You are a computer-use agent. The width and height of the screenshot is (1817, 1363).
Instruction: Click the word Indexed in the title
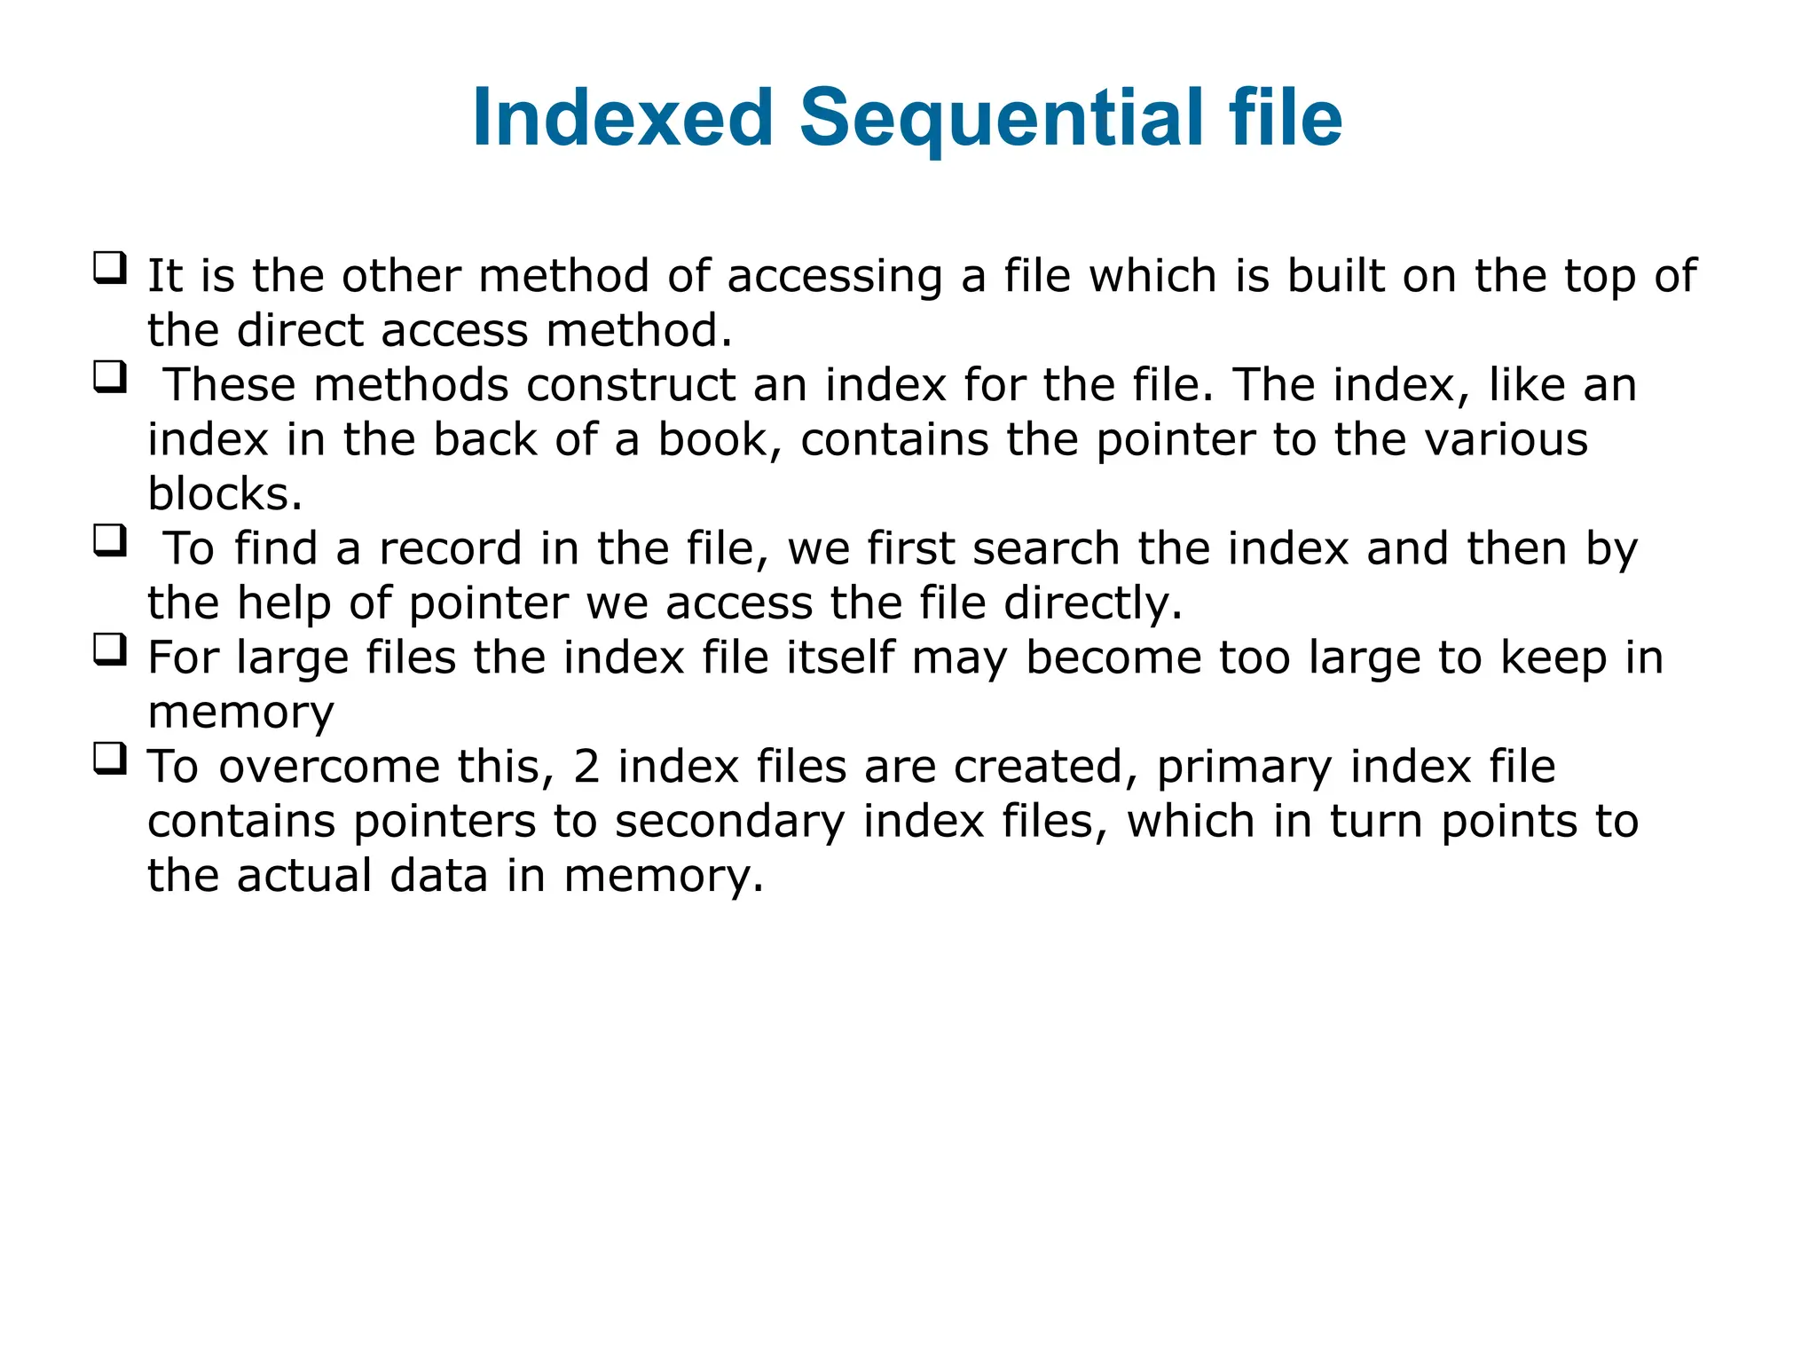(624, 118)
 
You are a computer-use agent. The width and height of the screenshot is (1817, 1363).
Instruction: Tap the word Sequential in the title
(1002, 120)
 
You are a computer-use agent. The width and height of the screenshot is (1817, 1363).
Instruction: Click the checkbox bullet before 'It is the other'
(110, 267)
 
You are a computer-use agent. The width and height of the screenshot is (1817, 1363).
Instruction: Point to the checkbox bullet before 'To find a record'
(110, 540)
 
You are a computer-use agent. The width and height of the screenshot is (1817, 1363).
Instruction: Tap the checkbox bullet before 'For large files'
(110, 650)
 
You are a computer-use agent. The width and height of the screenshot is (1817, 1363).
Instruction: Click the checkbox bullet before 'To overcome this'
(110, 759)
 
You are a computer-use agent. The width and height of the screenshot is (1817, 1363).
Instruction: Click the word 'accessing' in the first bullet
(835, 277)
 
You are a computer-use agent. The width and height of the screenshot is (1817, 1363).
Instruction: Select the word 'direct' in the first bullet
(301, 330)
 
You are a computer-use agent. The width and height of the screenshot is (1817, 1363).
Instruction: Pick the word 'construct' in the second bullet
(630, 386)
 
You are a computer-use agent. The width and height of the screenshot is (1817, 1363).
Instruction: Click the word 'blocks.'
(225, 494)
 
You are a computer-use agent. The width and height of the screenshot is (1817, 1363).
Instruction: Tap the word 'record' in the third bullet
(451, 549)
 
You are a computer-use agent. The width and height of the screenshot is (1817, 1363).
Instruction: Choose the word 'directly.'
(1093, 604)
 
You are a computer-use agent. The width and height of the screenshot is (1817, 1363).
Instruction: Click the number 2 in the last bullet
(586, 768)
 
